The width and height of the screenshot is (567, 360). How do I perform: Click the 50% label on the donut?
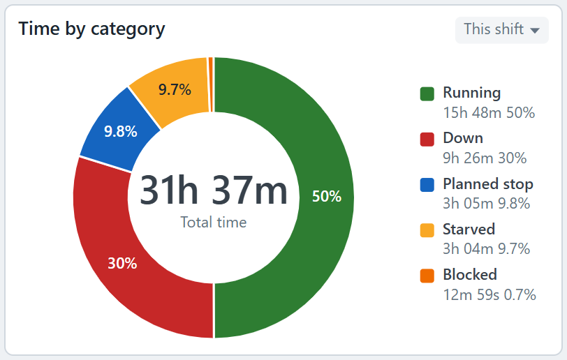click(x=327, y=196)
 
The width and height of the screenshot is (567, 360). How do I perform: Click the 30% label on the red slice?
click(x=122, y=263)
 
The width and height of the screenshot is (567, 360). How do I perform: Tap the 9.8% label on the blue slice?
click(x=120, y=131)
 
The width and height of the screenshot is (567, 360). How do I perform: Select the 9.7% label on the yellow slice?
click(x=175, y=89)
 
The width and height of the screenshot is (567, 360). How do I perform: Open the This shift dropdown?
click(x=501, y=29)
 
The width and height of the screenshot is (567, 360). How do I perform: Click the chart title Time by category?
click(x=92, y=29)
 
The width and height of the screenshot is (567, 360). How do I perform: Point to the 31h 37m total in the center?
click(x=214, y=190)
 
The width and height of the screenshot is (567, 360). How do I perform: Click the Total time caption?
click(x=214, y=223)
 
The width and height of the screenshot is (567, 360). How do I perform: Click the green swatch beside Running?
click(x=427, y=94)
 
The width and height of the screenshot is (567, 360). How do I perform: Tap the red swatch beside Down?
click(x=427, y=140)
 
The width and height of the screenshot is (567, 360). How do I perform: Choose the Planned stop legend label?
click(x=488, y=184)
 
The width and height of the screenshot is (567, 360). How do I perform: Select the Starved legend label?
click(x=469, y=230)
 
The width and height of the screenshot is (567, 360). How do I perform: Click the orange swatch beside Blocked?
click(x=427, y=276)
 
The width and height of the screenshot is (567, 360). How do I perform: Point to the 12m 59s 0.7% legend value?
click(x=489, y=295)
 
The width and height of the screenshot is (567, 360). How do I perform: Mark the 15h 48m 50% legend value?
click(x=489, y=113)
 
